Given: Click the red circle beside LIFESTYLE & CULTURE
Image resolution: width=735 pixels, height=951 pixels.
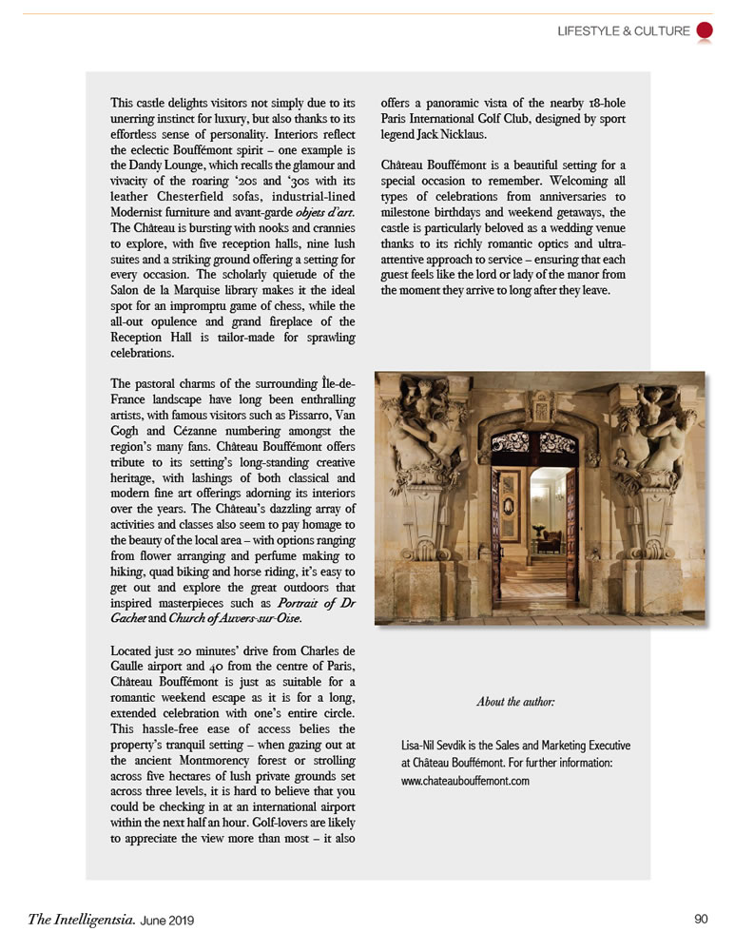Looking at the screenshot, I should [705, 30].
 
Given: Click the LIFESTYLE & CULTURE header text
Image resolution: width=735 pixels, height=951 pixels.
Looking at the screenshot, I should [624, 31].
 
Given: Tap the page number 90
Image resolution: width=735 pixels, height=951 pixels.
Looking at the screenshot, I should [702, 919].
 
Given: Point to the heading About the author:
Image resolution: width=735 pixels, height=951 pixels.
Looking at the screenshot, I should [514, 702].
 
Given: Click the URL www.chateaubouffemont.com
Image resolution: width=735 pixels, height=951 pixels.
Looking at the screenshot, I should [465, 781].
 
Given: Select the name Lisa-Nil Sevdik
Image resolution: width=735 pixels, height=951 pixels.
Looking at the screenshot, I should [442, 746].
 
